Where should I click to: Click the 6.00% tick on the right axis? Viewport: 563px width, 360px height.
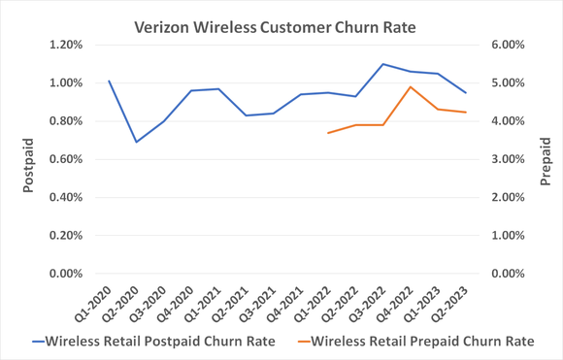click(x=505, y=45)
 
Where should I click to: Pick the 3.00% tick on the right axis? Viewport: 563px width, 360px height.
click(x=505, y=159)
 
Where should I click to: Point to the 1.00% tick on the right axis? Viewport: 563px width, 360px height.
click(x=505, y=236)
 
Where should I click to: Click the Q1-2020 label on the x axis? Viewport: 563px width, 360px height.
click(x=93, y=305)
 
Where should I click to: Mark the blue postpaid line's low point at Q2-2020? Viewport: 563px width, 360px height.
click(x=136, y=142)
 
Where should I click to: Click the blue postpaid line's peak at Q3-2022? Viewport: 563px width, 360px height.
click(x=382, y=64)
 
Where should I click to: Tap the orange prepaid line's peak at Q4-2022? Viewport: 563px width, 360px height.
click(x=411, y=86)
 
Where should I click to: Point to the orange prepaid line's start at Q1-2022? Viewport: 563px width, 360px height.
click(x=328, y=133)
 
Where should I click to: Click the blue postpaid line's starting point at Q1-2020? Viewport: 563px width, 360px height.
click(x=109, y=82)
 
